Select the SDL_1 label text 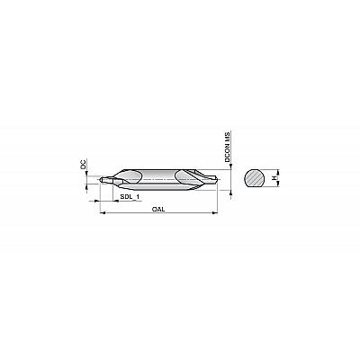tap(130, 197)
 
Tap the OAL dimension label tap(158, 210)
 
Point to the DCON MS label tap(228, 147)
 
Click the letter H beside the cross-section tap(274, 178)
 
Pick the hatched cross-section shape tap(255, 177)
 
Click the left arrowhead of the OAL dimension tap(102, 213)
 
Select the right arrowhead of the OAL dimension tap(215, 213)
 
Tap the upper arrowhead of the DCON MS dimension tap(230, 166)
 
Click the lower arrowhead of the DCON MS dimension tap(230, 193)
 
